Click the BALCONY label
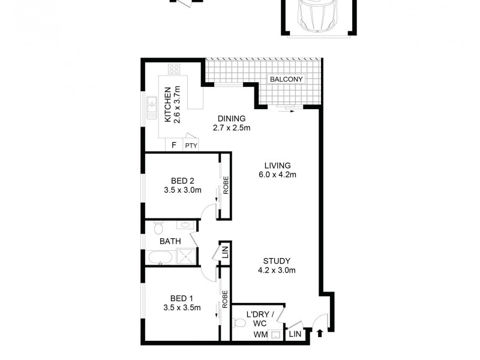[286, 79]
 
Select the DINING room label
[231, 118]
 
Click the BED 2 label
[182, 180]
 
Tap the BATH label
[170, 241]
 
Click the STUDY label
[277, 261]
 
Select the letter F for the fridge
[174, 145]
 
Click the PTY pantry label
[191, 145]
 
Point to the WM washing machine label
[260, 334]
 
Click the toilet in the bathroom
[158, 227]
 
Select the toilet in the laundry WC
[240, 323]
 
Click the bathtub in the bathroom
[160, 257]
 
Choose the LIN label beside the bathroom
[226, 252]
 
